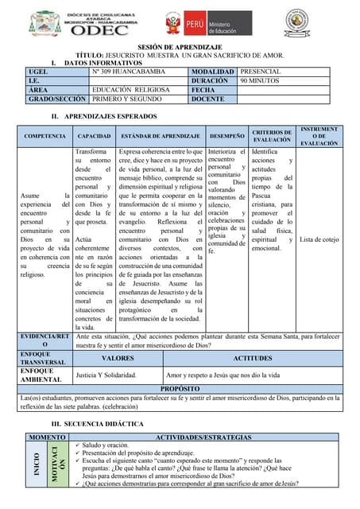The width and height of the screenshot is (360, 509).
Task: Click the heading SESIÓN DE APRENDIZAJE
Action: pos(180,48)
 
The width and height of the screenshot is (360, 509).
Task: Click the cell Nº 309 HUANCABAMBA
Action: pos(129,72)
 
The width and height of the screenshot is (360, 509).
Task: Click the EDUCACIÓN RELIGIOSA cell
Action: pos(129,90)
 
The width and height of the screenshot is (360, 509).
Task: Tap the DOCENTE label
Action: pos(208,99)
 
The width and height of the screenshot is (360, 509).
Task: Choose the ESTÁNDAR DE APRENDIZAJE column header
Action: pos(160,136)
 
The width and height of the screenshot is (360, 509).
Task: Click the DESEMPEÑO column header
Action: pos(226,136)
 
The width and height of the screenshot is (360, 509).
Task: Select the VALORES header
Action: pos(117,358)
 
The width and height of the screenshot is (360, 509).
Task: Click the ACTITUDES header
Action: pos(253,358)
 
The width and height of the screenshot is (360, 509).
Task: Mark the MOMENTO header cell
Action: pos(47,437)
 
